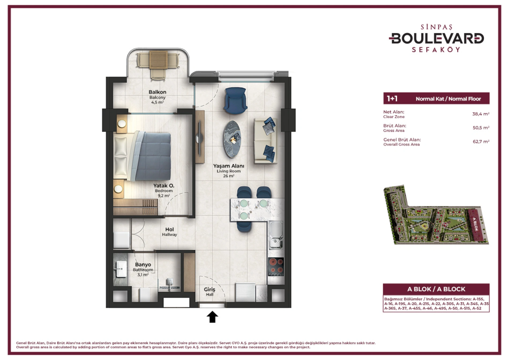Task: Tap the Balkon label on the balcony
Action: (x=158, y=92)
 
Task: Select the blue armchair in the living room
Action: (x=235, y=100)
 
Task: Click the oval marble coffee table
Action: (x=232, y=139)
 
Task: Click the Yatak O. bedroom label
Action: (x=164, y=185)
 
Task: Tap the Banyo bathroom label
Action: (x=143, y=264)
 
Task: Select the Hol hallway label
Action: (x=170, y=229)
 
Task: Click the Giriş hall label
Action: (x=209, y=289)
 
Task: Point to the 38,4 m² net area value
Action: (x=481, y=114)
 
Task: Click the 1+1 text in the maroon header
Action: (x=392, y=99)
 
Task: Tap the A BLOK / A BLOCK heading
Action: (x=436, y=289)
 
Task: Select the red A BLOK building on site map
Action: (x=476, y=224)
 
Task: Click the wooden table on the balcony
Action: (x=158, y=60)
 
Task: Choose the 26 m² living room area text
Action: (x=229, y=176)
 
